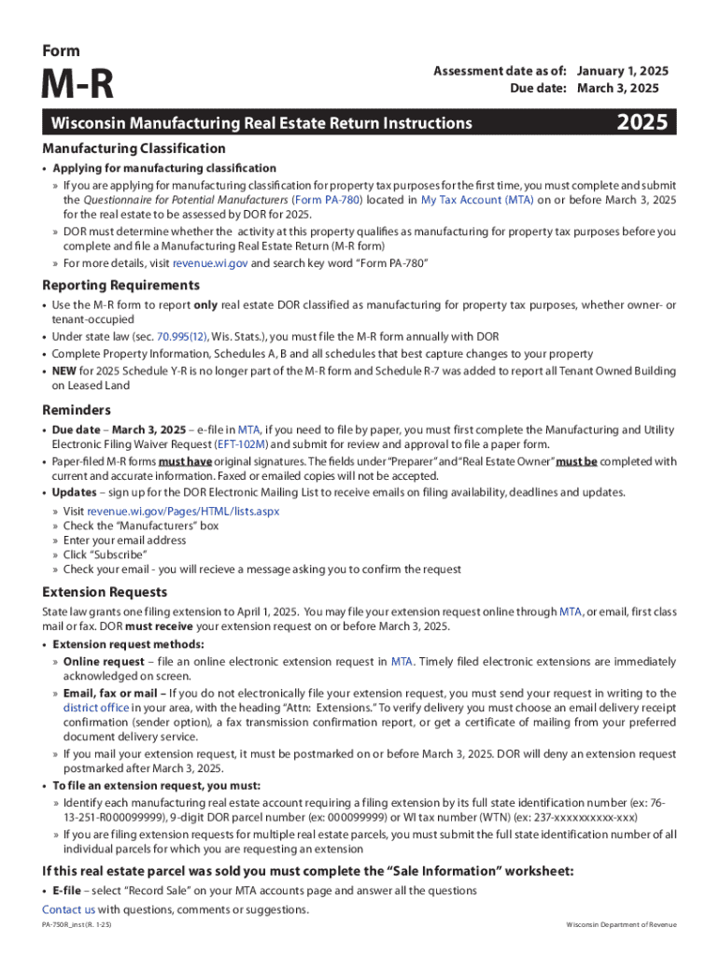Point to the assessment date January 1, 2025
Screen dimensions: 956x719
tap(623, 71)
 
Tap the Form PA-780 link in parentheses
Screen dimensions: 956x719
tap(325, 200)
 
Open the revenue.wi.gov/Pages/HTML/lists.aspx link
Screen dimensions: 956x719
tap(183, 511)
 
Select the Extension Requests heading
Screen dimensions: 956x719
tap(105, 592)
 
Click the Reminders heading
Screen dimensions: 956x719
tap(77, 410)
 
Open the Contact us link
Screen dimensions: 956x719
tap(68, 909)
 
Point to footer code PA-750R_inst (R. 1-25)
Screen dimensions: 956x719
tap(77, 924)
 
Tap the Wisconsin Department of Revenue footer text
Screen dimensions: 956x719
tap(621, 924)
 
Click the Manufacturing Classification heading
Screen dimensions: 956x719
tap(134, 148)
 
